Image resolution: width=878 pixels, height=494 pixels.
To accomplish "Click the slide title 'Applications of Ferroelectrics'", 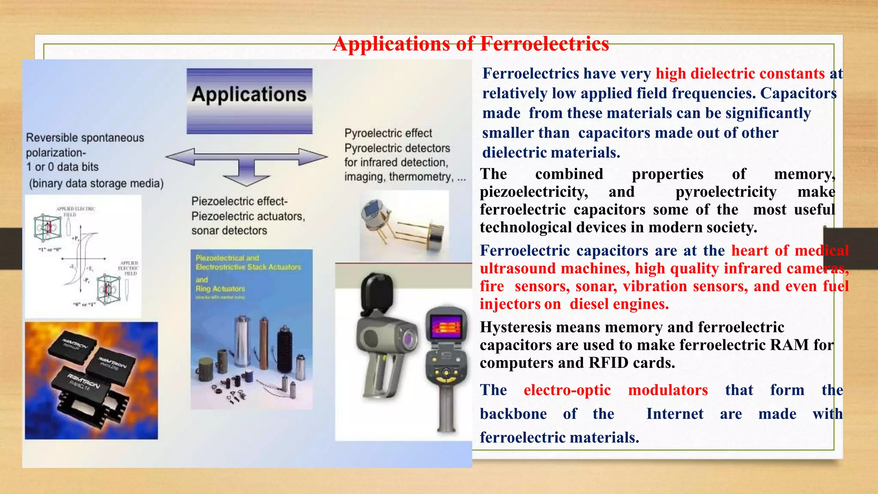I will pyautogui.click(x=470, y=44).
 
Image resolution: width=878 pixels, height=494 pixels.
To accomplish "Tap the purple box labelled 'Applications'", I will pyautogui.click(x=249, y=101).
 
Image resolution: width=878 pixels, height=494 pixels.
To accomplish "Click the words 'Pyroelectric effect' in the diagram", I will pyautogui.click(x=388, y=133).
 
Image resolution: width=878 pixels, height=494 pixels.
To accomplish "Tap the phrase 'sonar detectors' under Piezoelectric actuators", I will pyautogui.click(x=229, y=231).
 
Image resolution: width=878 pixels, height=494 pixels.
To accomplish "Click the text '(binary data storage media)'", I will pyautogui.click(x=96, y=184).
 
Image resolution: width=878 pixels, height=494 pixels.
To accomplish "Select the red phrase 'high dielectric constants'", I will pyautogui.click(x=740, y=74).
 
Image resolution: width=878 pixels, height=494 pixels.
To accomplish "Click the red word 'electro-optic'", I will pyautogui.click(x=567, y=390).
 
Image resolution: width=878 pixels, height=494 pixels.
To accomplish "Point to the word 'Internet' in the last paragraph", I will pyautogui.click(x=675, y=414).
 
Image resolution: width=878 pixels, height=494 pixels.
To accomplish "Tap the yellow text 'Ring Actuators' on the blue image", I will pyautogui.click(x=220, y=289).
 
